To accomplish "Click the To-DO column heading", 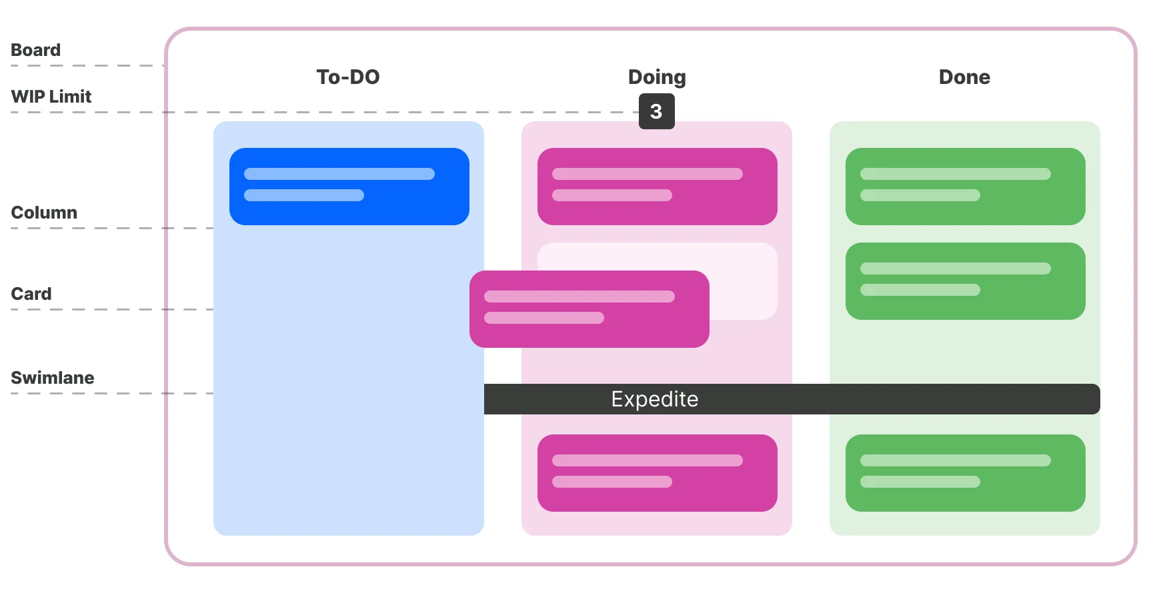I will pyautogui.click(x=347, y=77).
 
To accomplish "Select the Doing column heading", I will pyautogui.click(x=657, y=77).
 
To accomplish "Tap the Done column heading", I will pyautogui.click(x=964, y=77).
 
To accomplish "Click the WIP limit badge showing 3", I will pyautogui.click(x=656, y=111).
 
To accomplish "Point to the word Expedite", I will pyautogui.click(x=654, y=399).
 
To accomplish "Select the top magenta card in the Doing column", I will pyautogui.click(x=657, y=187).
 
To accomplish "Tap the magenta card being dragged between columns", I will pyautogui.click(x=589, y=309).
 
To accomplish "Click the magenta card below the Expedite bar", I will pyautogui.click(x=657, y=473).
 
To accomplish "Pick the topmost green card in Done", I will pyautogui.click(x=965, y=187).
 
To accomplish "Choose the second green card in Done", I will pyautogui.click(x=965, y=281).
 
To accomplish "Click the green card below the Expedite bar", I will pyautogui.click(x=965, y=473).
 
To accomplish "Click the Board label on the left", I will pyautogui.click(x=35, y=50).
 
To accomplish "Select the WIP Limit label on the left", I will pyautogui.click(x=51, y=97).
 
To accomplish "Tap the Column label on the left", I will pyautogui.click(x=44, y=213).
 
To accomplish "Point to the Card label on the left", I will pyautogui.click(x=31, y=294).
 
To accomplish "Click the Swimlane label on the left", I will pyautogui.click(x=52, y=378).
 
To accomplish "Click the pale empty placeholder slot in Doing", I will pyautogui.click(x=744, y=280).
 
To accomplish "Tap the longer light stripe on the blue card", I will pyautogui.click(x=339, y=174).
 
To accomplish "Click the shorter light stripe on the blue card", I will pyautogui.click(x=303, y=195).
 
